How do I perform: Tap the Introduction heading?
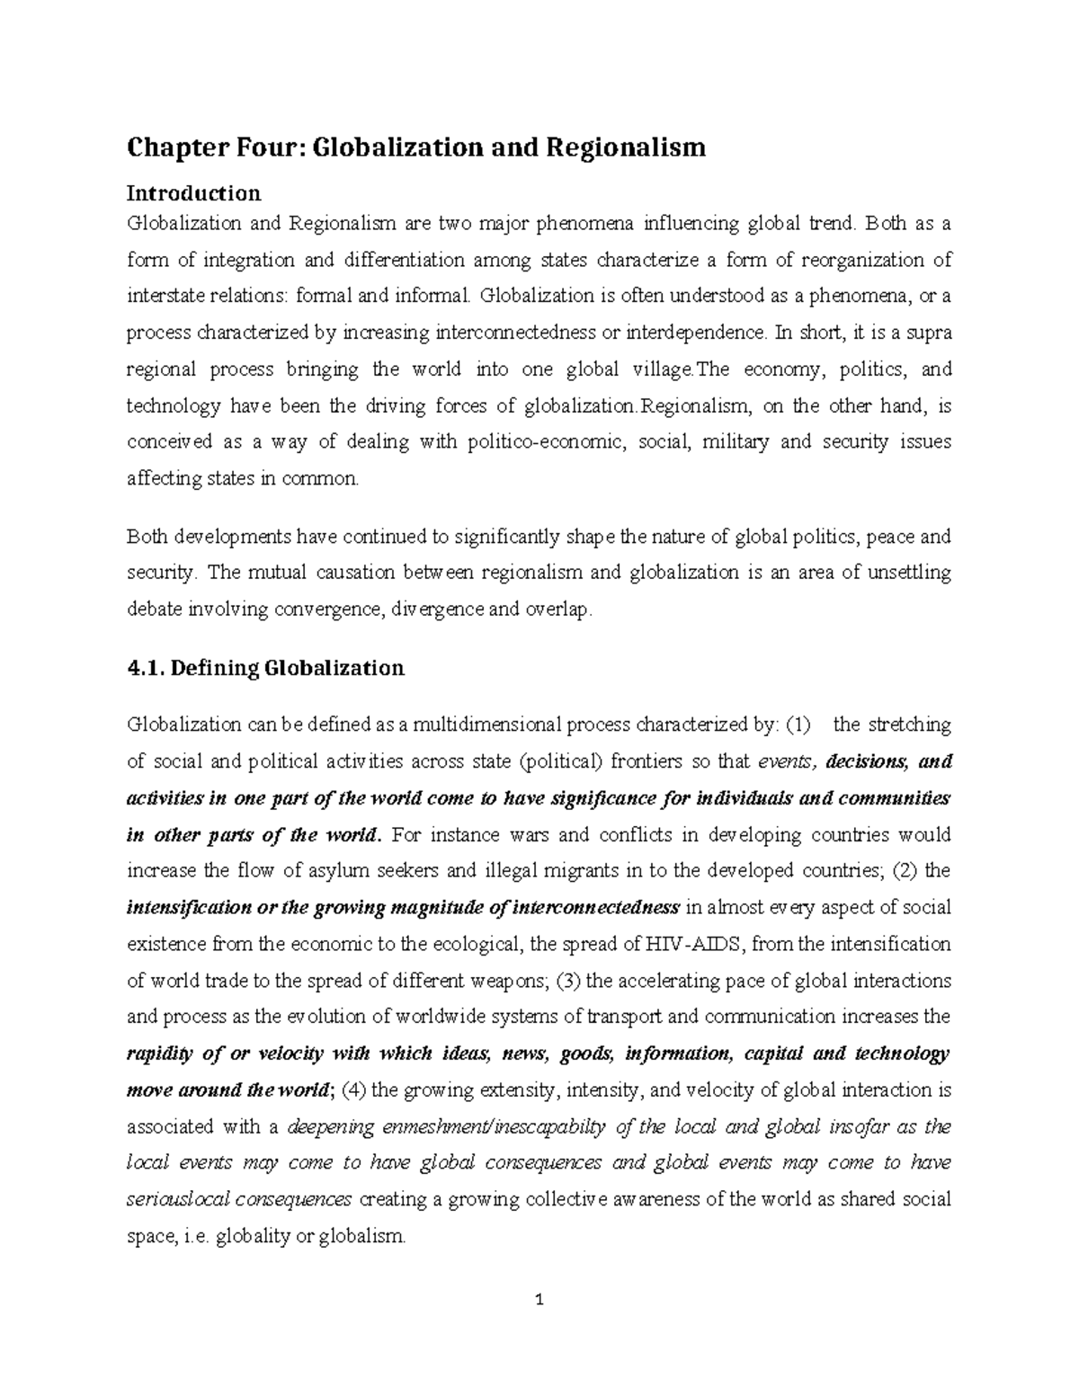(x=193, y=193)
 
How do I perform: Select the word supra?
(x=929, y=333)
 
